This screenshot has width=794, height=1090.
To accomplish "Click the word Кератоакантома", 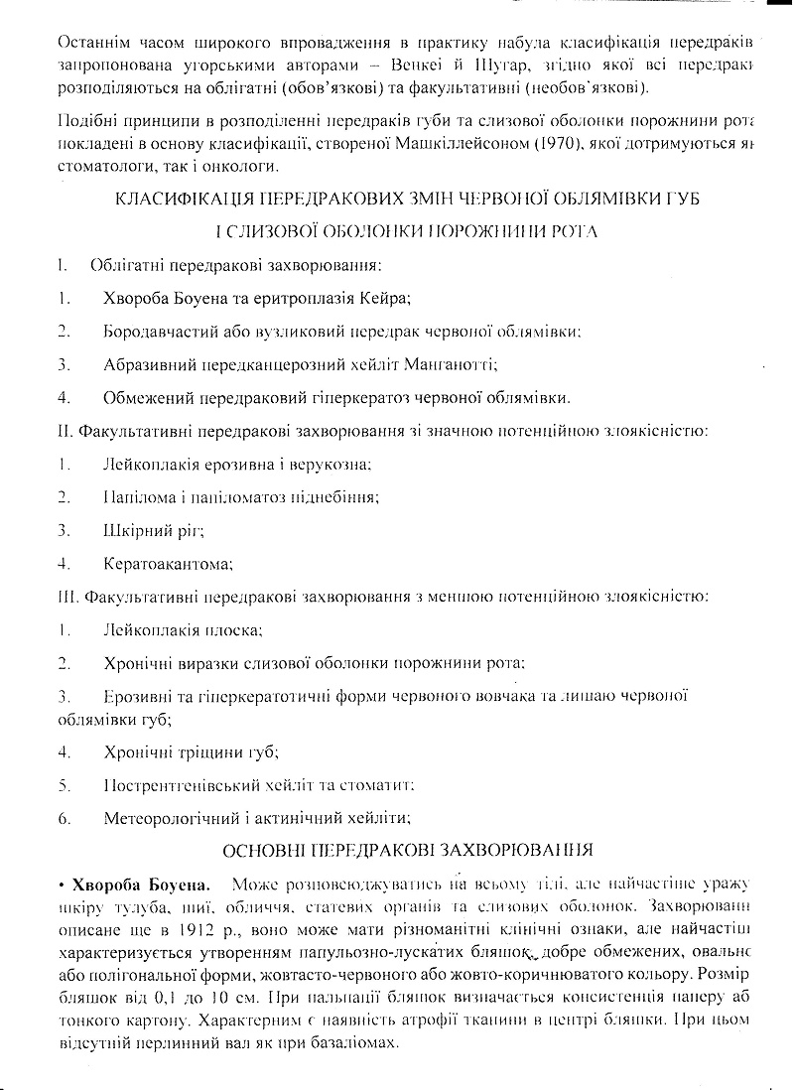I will [x=168, y=565].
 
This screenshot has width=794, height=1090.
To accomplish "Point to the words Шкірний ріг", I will [x=153, y=531].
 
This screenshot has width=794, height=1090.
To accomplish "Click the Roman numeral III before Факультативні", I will [x=69, y=598].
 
